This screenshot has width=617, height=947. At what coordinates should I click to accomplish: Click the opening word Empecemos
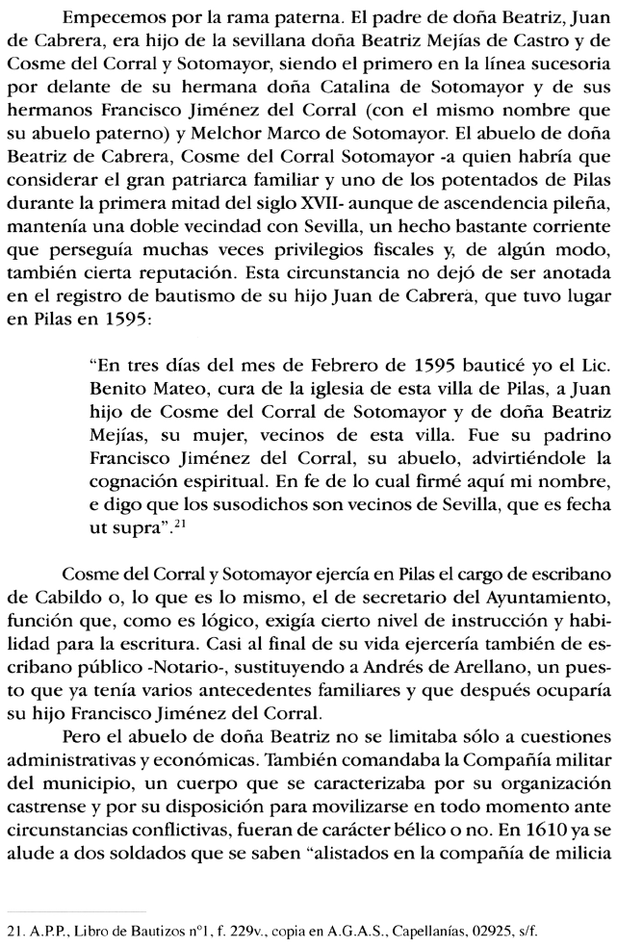click(x=108, y=18)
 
